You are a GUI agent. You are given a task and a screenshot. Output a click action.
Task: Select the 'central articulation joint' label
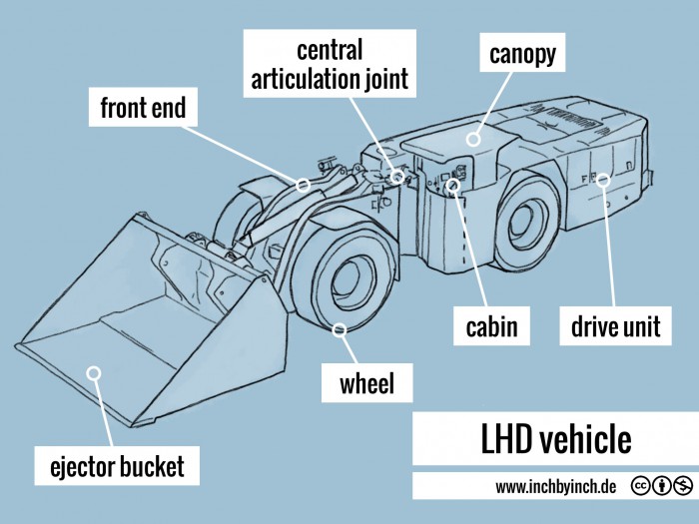click(x=330, y=65)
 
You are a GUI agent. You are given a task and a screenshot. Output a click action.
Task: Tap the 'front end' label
click(x=143, y=108)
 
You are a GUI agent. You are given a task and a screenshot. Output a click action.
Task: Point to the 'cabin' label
click(x=491, y=325)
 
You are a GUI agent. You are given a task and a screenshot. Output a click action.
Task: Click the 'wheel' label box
click(x=366, y=381)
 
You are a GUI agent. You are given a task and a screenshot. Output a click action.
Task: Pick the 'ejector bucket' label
click(x=111, y=465)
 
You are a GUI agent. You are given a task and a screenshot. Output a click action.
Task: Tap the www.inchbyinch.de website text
click(x=556, y=487)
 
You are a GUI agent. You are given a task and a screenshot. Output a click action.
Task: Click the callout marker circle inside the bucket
click(x=94, y=373)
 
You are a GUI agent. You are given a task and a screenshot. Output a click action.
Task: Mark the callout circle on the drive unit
click(x=602, y=180)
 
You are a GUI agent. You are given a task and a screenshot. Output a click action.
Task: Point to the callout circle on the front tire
click(x=341, y=329)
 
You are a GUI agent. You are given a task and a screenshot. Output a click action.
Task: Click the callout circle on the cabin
click(x=453, y=185)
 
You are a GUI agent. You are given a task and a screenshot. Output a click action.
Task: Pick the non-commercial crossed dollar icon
click(x=682, y=487)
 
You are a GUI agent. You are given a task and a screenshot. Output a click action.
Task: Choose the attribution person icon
click(x=662, y=487)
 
